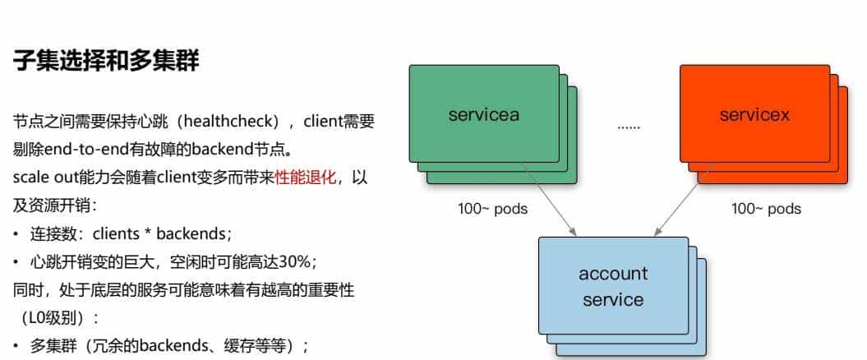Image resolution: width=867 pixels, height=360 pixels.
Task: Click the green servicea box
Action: point(483,114)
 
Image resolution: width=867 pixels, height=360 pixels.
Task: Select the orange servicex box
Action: point(754,114)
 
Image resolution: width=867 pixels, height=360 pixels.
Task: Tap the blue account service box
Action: point(612,285)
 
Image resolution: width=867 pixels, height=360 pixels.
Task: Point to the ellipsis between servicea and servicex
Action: point(628,127)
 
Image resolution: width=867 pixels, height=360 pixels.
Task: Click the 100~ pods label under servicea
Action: point(492,209)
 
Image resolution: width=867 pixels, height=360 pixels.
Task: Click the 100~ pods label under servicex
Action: point(766,209)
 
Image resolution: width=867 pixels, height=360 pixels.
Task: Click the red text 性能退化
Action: point(305,178)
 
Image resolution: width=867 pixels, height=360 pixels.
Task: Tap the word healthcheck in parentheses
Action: point(225,122)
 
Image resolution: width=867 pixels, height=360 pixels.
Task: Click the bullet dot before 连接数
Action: point(16,234)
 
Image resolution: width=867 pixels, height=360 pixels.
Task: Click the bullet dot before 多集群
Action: point(16,346)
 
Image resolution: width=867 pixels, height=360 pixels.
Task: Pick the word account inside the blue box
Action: point(612,274)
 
